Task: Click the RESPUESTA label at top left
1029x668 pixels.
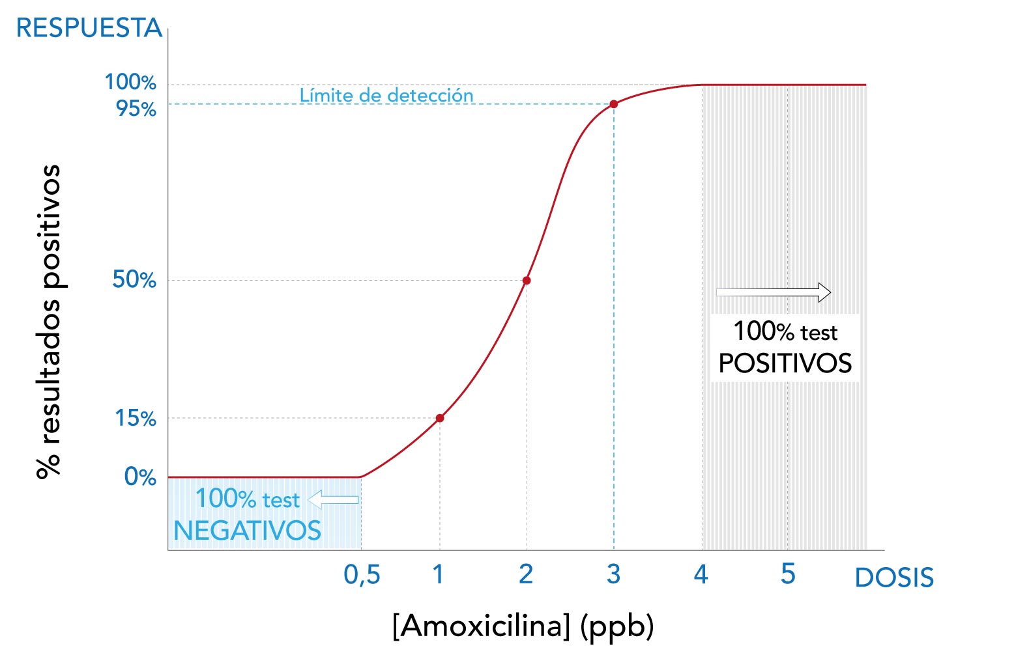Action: [89, 28]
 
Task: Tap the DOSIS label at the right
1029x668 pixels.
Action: [893, 578]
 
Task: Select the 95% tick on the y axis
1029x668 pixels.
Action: [136, 108]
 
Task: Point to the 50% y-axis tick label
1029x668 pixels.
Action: [134, 279]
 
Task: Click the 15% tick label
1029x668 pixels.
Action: [136, 418]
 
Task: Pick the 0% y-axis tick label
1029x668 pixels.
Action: [140, 477]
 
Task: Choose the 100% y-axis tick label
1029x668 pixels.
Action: [130, 82]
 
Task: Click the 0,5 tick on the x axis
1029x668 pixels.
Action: [362, 574]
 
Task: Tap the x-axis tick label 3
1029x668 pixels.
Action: [613, 574]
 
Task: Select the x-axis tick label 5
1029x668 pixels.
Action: [788, 574]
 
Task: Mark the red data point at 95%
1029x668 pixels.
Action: [613, 104]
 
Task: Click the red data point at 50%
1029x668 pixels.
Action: [527, 281]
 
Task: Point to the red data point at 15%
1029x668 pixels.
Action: [440, 418]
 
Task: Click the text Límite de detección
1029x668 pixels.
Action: [386, 95]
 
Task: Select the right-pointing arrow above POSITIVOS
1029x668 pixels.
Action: [774, 292]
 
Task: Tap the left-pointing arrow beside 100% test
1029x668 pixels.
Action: [333, 499]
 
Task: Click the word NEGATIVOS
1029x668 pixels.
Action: [247, 531]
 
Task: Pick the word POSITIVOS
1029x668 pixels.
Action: [785, 363]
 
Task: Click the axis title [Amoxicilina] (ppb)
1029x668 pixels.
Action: [523, 626]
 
